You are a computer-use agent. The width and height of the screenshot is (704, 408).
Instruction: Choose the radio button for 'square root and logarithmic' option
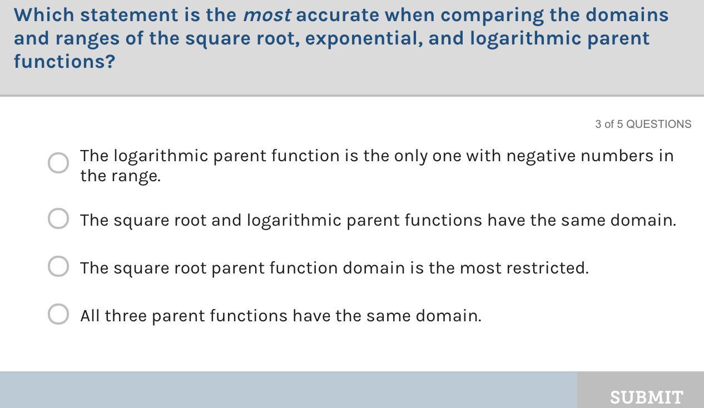[58, 218]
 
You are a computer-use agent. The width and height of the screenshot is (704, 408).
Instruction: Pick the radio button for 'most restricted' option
[58, 266]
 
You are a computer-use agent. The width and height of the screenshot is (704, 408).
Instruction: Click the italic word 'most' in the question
[267, 15]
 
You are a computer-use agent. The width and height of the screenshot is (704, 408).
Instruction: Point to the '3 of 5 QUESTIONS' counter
[643, 124]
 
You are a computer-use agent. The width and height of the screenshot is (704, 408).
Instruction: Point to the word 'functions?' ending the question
[65, 61]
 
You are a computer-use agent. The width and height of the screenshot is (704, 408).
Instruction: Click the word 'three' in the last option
[126, 316]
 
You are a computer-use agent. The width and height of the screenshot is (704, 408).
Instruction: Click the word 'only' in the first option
[411, 157]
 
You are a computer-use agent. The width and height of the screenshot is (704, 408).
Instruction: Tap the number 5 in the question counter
[620, 124]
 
